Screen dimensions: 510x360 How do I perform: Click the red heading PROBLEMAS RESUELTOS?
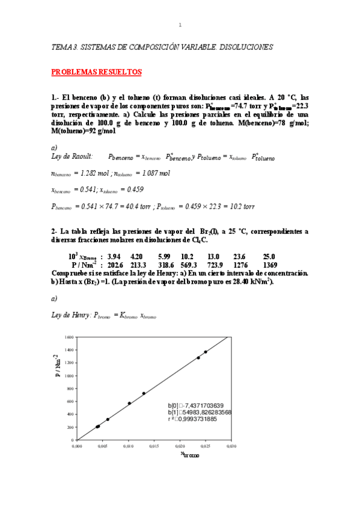96,72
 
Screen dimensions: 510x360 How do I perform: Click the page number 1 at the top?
180,25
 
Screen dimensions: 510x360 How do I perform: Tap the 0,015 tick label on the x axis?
154,446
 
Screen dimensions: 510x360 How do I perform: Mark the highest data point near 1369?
206,352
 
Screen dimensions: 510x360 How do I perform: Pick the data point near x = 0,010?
129,403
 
